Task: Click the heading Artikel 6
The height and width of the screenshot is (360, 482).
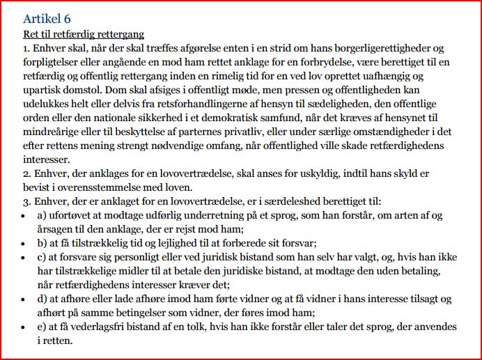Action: [47, 18]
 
